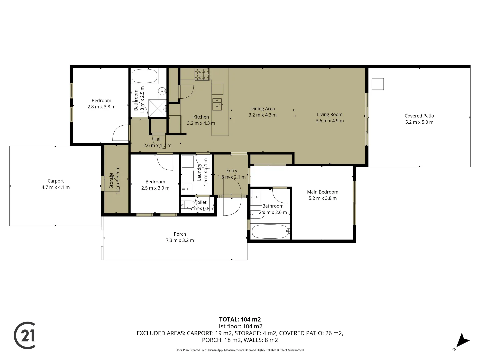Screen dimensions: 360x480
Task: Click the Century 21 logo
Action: pyautogui.click(x=25, y=335)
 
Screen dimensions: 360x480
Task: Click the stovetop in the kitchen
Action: pyautogui.click(x=202, y=74)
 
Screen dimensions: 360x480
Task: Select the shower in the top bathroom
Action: pyautogui.click(x=157, y=108)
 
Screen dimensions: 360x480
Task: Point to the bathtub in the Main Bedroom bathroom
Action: pyautogui.click(x=270, y=231)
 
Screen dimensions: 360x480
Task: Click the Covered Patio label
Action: pyautogui.click(x=419, y=116)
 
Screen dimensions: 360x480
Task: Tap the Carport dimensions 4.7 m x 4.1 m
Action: pyautogui.click(x=56, y=187)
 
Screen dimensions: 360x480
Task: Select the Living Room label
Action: pyautogui.click(x=329, y=114)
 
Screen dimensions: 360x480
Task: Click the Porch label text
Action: pyautogui.click(x=180, y=234)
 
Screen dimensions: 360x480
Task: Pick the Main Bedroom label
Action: pyautogui.click(x=322, y=192)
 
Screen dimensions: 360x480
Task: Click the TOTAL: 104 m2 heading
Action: pyautogui.click(x=240, y=319)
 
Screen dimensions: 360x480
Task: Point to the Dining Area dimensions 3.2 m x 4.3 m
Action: pyautogui.click(x=262, y=115)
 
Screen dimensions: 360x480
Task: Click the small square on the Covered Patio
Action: pyautogui.click(x=378, y=84)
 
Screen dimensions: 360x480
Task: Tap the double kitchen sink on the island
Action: pyautogui.click(x=217, y=104)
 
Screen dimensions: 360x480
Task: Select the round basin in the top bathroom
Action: pyautogui.click(x=162, y=90)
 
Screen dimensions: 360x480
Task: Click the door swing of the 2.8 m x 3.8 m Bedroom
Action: pyautogui.click(x=120, y=133)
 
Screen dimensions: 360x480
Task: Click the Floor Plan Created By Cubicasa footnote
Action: pyautogui.click(x=240, y=350)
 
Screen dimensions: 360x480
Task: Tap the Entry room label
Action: pyautogui.click(x=231, y=171)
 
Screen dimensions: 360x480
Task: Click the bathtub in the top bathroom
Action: pyautogui.click(x=144, y=76)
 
